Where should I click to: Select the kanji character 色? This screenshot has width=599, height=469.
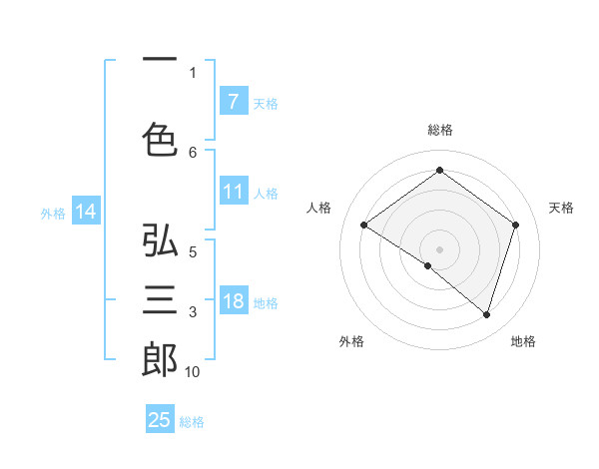pos(160,140)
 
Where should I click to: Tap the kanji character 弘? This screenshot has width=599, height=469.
pos(160,241)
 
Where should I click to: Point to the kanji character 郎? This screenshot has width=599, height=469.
pos(160,360)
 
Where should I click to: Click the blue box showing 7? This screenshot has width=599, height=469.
pos(233,101)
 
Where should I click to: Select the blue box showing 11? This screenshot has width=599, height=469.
pos(233,192)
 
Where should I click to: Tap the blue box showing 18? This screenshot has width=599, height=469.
pos(233,301)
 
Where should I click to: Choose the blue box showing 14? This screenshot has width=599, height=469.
pos(85,212)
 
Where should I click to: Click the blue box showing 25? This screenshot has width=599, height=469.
pos(160,420)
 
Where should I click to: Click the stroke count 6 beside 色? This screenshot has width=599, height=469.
pos(193,152)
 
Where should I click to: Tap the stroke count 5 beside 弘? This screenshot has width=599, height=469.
pos(193,252)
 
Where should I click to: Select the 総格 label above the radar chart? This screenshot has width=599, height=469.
pos(439,130)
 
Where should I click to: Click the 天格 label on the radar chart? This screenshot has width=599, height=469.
pos(561,208)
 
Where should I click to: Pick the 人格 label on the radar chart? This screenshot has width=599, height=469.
pos(318,208)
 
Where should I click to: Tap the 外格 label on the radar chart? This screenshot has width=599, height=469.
pos(351,341)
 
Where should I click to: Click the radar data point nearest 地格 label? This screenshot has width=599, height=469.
pos(486,314)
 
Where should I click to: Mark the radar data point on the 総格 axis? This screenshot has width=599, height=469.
pos(439,170)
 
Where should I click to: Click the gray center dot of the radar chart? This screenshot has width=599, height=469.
pos(439,248)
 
